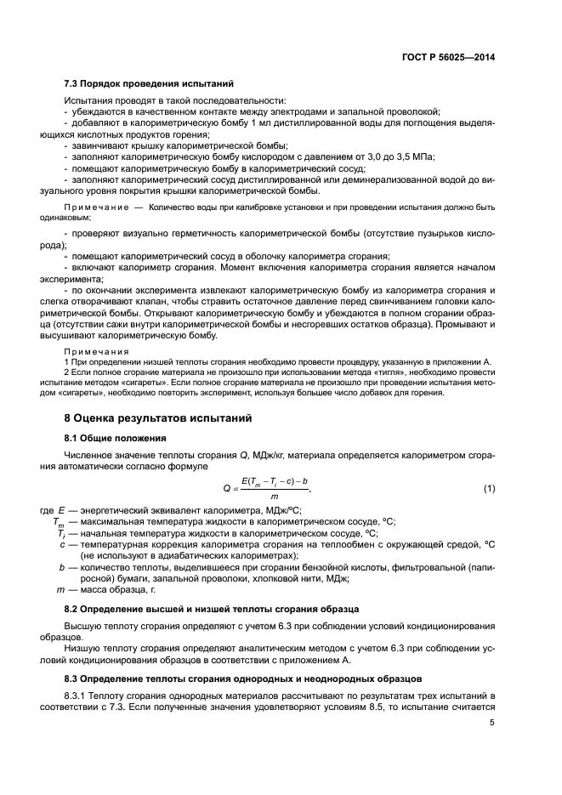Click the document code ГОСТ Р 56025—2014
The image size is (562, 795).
[448, 56]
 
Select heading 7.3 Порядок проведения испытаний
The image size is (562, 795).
[149, 83]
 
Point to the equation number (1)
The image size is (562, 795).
[489, 488]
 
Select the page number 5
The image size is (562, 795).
[492, 724]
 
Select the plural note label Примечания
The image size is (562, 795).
[97, 350]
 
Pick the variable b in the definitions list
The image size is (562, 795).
[62, 567]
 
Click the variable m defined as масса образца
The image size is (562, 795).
[60, 589]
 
